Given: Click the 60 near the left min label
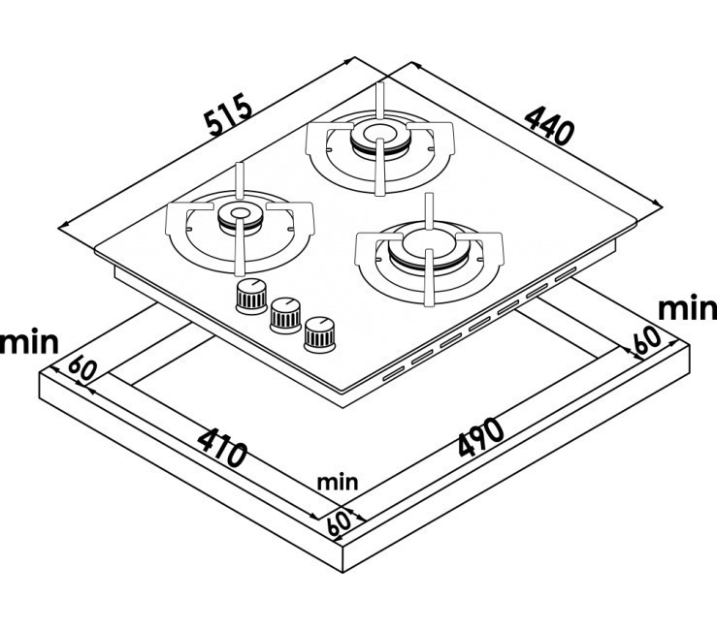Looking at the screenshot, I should (83, 369).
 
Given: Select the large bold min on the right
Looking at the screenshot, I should (687, 308).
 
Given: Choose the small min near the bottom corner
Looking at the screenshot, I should (338, 482).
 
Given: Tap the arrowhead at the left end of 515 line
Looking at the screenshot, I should (63, 228).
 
